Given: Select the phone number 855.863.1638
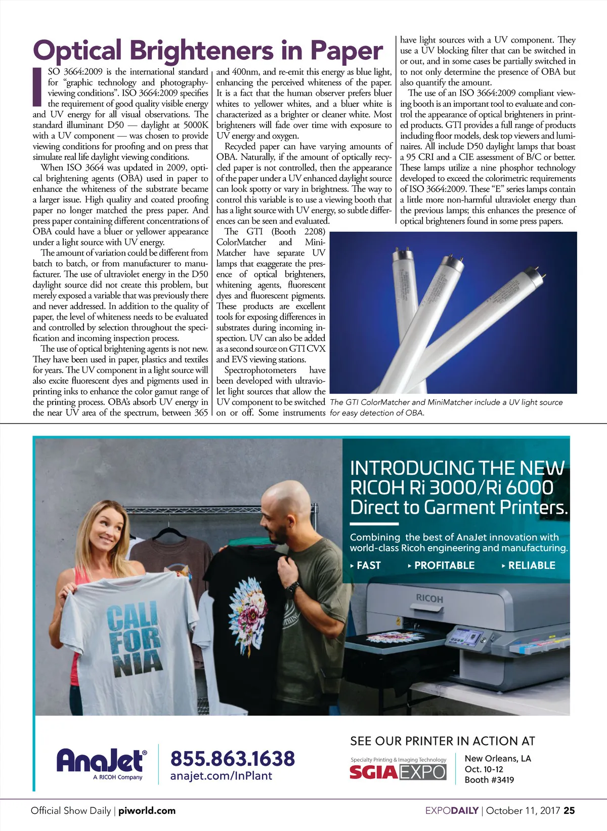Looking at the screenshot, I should tap(232, 758).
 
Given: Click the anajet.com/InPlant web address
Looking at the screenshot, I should tap(221, 776).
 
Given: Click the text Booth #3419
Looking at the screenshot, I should tap(489, 780).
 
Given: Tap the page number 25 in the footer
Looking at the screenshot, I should tap(569, 810).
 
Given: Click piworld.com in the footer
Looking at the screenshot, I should tap(147, 810).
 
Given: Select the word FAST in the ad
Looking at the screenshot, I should tap(368, 565).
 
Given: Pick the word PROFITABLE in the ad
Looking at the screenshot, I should tap(444, 565).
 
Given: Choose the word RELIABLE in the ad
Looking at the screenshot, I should tap(531, 565).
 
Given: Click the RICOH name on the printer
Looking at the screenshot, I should tap(429, 598).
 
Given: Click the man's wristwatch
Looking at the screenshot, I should tap(294, 588).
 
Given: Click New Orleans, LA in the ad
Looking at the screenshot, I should tap(498, 758).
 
